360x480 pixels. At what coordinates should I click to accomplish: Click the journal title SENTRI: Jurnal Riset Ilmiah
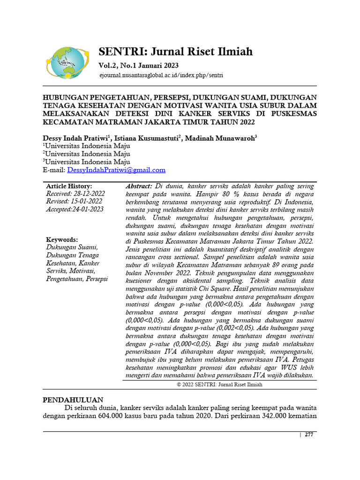coord(175,52)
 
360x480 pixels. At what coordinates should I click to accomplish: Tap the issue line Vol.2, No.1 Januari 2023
coord(138,66)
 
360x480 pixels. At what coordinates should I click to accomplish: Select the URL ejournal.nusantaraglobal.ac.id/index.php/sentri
coord(161,75)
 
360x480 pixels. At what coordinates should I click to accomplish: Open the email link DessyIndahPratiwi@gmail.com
coord(117,170)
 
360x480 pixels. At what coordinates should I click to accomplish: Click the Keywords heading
coord(62,240)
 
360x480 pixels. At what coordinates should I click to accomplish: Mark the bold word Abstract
coord(139,187)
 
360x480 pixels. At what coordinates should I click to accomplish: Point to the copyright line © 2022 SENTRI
coord(219,384)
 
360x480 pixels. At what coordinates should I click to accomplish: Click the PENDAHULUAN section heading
coord(73,400)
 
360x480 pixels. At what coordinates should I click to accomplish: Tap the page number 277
coord(308,435)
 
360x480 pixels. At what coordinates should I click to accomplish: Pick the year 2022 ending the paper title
coord(246,122)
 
